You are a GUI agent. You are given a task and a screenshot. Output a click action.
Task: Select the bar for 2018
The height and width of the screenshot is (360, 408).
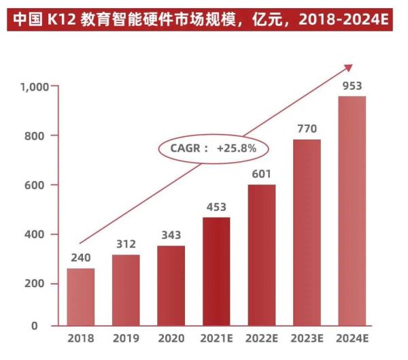[x=80, y=297]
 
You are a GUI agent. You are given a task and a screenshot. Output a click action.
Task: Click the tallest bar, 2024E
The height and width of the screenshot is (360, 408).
[x=352, y=211]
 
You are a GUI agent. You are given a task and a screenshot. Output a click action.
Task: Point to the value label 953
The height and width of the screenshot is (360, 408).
[x=352, y=86]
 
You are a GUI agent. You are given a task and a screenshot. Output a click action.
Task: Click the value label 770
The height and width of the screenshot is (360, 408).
[x=307, y=129]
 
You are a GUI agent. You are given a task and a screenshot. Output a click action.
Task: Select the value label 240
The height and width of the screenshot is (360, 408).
[x=80, y=258]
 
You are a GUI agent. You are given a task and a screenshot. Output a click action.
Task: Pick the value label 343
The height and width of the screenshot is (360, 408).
[x=171, y=235]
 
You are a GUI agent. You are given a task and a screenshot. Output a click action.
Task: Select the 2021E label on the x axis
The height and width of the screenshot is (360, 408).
[x=216, y=336]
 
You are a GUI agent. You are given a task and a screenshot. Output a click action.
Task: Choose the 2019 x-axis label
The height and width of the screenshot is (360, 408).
[x=126, y=336]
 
